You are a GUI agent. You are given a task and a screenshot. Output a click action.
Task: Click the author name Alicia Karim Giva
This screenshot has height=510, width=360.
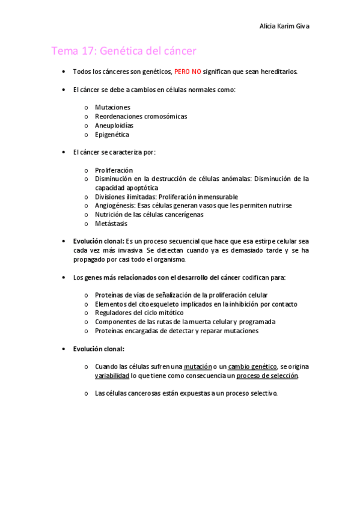pos(284,26)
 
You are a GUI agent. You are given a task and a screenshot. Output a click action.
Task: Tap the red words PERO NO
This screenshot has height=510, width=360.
pos(188,72)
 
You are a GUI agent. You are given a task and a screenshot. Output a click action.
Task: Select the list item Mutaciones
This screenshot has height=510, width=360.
pos(112,107)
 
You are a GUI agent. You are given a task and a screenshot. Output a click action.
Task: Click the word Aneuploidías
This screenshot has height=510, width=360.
pos(114,125)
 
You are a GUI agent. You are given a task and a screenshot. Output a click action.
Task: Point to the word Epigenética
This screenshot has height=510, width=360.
pos(112,135)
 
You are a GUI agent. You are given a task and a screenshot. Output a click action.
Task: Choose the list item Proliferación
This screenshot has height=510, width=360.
pos(114,170)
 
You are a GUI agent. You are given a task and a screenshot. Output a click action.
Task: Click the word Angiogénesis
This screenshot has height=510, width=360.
pos(114,205)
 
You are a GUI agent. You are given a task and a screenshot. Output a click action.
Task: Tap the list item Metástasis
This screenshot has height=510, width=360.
pos(111,223)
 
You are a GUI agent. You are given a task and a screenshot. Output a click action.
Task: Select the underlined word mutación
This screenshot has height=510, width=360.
pos(198,366)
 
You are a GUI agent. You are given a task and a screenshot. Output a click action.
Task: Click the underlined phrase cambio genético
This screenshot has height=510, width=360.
pos(252,366)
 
